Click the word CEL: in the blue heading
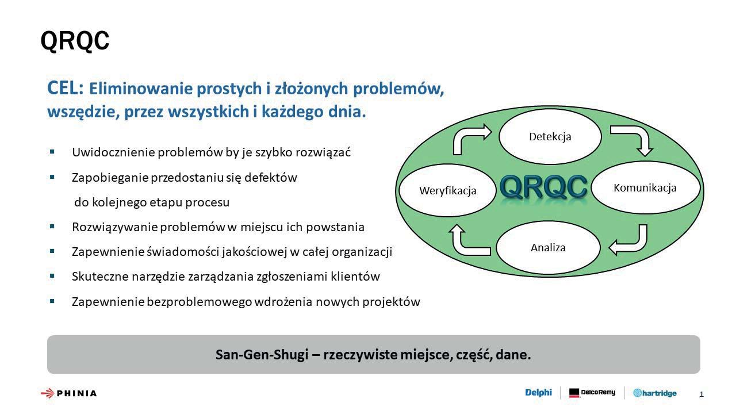pyautogui.click(x=66, y=88)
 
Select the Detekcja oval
pyautogui.click(x=550, y=136)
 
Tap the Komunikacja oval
pyautogui.click(x=645, y=187)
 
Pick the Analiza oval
pyautogui.click(x=548, y=247)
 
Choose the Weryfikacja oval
pyautogui.click(x=447, y=190)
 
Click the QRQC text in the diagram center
pyautogui.click(x=543, y=187)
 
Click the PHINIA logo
pyautogui.click(x=68, y=393)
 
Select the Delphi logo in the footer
pyautogui.click(x=538, y=392)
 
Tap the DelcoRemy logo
pyautogui.click(x=592, y=393)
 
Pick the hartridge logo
pyautogui.click(x=655, y=393)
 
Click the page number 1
pyautogui.click(x=701, y=394)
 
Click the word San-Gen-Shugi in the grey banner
pyautogui.click(x=262, y=355)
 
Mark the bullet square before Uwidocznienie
pyautogui.click(x=52, y=152)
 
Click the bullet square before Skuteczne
pyautogui.click(x=52, y=276)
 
